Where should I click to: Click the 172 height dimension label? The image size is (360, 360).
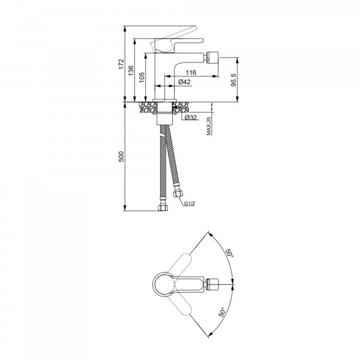[121, 64]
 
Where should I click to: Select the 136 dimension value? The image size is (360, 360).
[131, 71]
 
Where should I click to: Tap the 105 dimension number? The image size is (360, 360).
[142, 77]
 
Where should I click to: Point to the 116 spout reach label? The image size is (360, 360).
[191, 73]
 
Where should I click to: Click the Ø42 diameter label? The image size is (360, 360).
[184, 82]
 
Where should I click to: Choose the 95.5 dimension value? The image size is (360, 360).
[233, 80]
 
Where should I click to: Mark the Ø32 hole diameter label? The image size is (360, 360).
[191, 118]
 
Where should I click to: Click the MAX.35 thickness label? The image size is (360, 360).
[209, 126]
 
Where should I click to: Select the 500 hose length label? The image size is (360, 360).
[121, 157]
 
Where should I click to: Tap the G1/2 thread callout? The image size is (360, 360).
[190, 203]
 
